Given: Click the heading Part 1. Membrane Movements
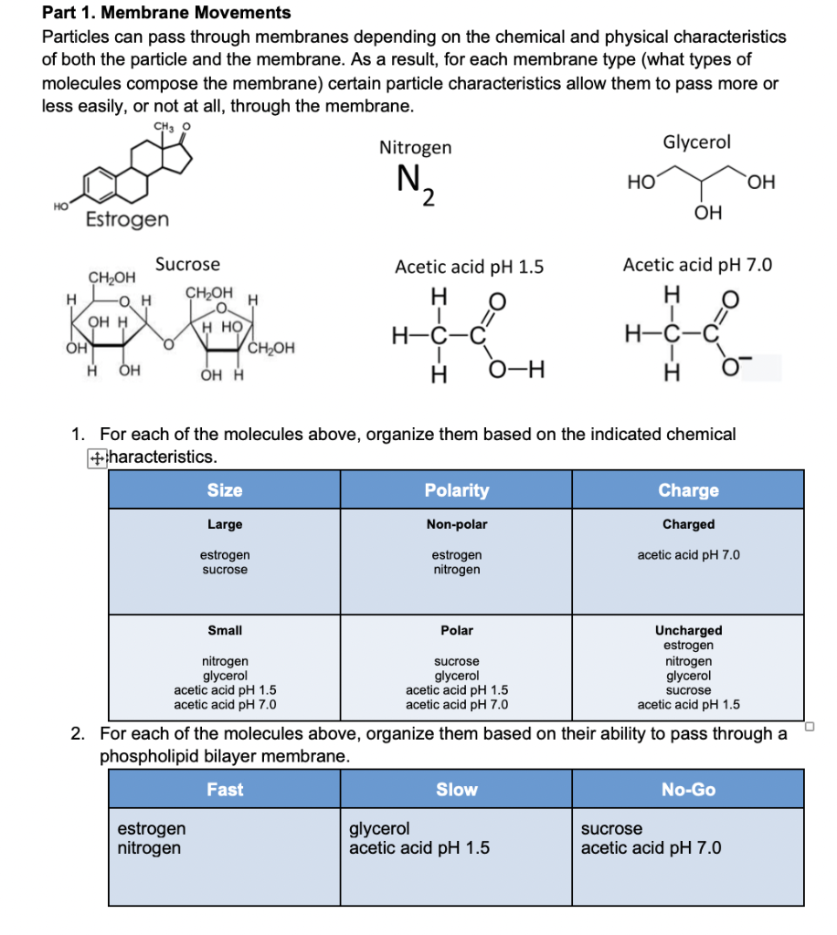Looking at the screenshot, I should click(x=166, y=13).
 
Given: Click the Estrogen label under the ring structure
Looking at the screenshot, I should click(x=127, y=219).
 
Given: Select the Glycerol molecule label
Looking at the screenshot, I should click(x=696, y=142).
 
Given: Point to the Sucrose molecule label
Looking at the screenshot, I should click(x=187, y=265).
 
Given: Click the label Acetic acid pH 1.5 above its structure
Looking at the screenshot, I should click(x=469, y=268).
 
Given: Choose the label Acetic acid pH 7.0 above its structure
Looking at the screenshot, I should click(x=697, y=266).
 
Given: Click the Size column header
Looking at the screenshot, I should click(x=225, y=490).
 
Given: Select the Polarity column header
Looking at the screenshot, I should click(x=457, y=490).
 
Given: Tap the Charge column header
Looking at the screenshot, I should click(x=688, y=490).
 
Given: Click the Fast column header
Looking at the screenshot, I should click(x=225, y=789).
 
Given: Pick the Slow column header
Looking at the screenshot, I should click(x=457, y=789).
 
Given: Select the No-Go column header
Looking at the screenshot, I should click(x=688, y=789).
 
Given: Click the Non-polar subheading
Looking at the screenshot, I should click(x=457, y=525).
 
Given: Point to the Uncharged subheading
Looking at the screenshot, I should click(x=688, y=630).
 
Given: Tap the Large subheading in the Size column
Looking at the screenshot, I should click(x=225, y=525).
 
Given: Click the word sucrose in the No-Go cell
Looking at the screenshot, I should click(x=611, y=829).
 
